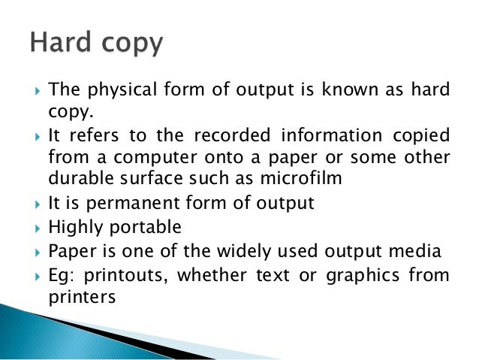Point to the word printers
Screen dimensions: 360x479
pyautogui.click(x=81, y=296)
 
